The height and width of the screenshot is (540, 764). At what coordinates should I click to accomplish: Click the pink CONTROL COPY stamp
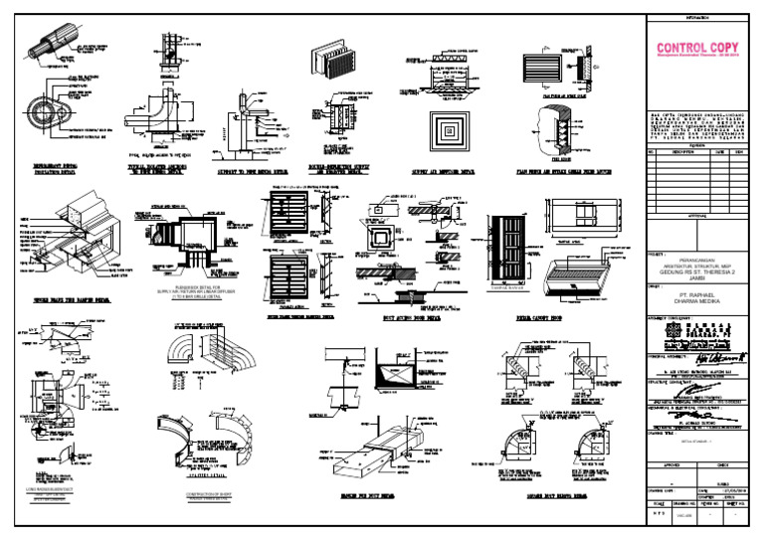coord(695,50)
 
